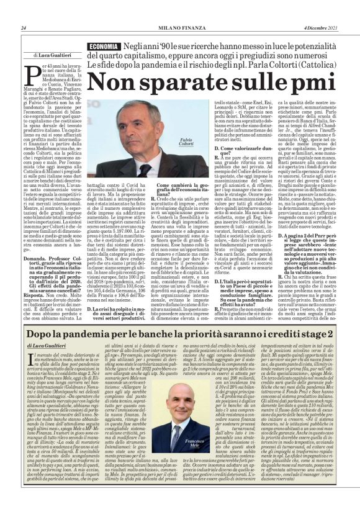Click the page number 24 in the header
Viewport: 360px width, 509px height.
coord(23,28)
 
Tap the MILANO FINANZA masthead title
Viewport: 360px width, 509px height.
coord(179,28)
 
